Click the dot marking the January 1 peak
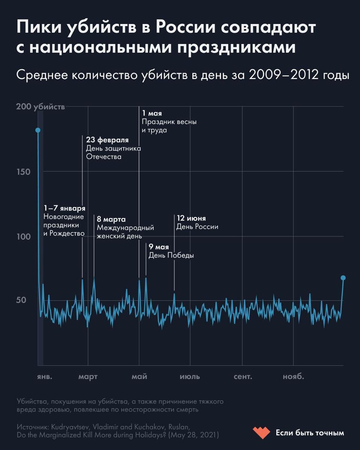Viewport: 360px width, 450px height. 38,130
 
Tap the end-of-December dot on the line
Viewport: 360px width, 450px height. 343,278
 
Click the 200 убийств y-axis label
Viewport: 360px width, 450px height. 40,107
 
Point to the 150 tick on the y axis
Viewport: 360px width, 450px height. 24,172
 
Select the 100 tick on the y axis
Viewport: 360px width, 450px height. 24,237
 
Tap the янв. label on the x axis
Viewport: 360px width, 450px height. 44,376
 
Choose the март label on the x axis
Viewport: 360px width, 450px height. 88,376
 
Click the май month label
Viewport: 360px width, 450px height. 139,376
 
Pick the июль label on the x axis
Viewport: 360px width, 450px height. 190,376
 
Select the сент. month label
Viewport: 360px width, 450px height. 243,376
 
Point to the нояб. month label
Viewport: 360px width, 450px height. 293,376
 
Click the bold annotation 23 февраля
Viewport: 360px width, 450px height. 107,140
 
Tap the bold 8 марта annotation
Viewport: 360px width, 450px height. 111,219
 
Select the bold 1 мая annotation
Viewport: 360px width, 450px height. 152,113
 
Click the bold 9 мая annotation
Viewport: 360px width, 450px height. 159,247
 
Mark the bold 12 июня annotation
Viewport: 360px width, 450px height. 191,219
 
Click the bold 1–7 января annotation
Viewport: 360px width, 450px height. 64,208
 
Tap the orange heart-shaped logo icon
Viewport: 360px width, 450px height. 261,433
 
